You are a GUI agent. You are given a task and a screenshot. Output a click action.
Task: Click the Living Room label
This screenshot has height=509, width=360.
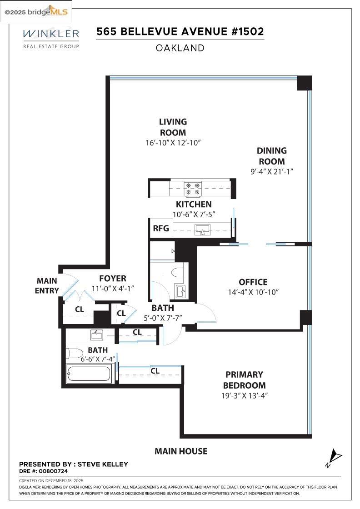[x=173, y=127]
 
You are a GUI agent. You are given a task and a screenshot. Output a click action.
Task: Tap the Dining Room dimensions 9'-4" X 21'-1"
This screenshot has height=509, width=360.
[x=272, y=171]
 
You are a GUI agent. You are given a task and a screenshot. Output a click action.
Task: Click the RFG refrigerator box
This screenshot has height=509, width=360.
[x=160, y=229]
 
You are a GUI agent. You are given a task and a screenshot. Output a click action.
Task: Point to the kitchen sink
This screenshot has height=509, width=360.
[x=202, y=230]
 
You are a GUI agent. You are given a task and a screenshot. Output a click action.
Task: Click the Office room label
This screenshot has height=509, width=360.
[x=253, y=282]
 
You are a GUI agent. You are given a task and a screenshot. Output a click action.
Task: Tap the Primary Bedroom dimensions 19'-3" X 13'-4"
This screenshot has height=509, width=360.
[x=245, y=395]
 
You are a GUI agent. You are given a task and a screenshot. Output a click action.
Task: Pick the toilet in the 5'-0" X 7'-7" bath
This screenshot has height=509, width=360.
[x=177, y=273]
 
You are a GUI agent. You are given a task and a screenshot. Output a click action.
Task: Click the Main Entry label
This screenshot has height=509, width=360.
[x=47, y=286]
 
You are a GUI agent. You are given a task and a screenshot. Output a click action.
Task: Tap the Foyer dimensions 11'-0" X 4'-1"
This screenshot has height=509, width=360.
[x=113, y=289]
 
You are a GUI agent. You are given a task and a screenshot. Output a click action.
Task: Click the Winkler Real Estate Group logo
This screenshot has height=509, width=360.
[x=51, y=38]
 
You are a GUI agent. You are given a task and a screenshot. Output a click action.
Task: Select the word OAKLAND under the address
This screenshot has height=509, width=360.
[x=180, y=48]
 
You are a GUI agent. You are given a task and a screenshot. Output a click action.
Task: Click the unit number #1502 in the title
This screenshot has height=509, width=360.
[x=247, y=32]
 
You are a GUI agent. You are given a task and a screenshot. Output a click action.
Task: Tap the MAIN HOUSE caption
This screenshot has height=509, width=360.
[x=180, y=451]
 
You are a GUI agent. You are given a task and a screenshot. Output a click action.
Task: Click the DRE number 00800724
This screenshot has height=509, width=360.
[x=55, y=471]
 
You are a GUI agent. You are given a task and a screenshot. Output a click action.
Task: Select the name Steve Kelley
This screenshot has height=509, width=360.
[x=103, y=464]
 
